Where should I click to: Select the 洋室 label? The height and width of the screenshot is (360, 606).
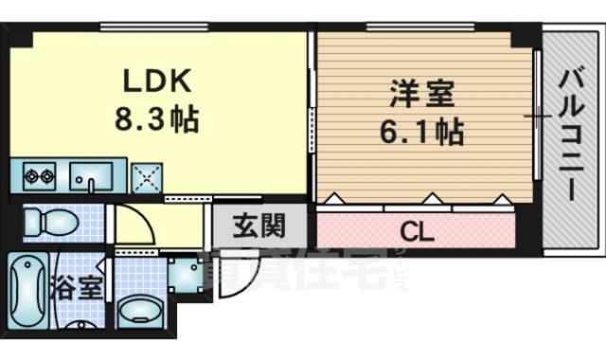click(422, 94)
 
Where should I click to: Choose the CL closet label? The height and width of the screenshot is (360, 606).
click(416, 230)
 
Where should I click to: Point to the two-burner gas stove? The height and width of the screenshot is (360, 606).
click(40, 175)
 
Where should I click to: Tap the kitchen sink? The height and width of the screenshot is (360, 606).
click(91, 175)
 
